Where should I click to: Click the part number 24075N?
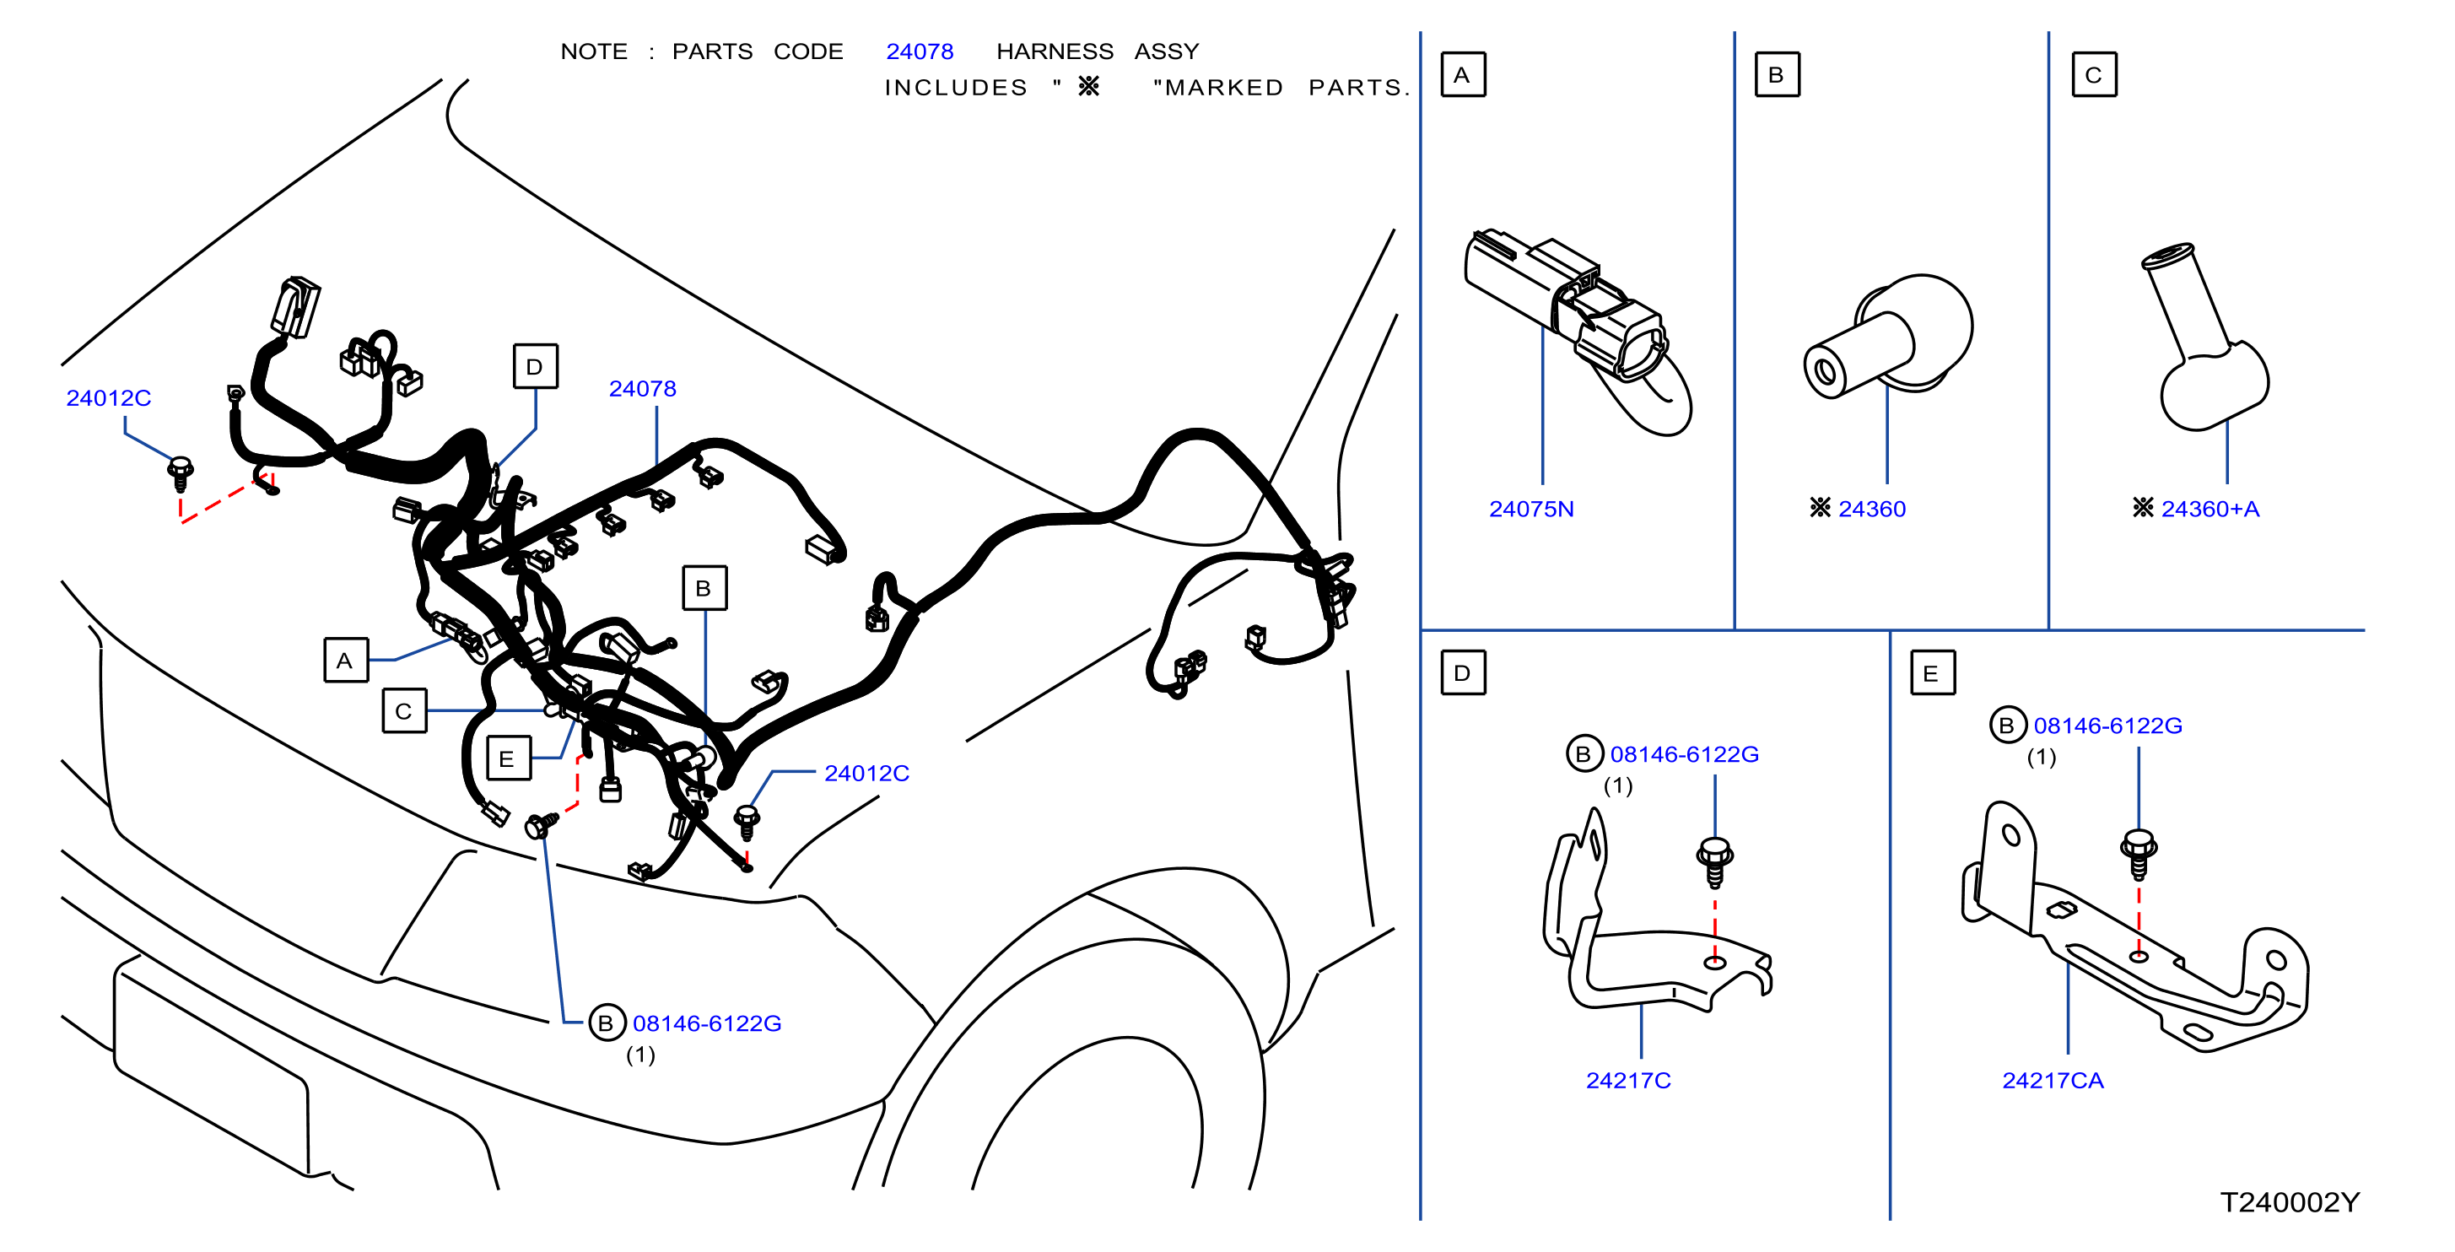tap(1530, 509)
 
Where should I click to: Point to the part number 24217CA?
tap(2052, 1081)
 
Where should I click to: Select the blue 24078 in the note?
tap(920, 51)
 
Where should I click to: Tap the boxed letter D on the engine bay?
tap(536, 367)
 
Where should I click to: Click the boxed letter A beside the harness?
tap(345, 661)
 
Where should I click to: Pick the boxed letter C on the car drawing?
tap(404, 711)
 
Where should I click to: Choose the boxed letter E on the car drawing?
tap(508, 758)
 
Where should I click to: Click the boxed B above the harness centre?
tap(704, 588)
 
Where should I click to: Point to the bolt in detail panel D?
tap(1714, 861)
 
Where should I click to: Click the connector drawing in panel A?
tap(1578, 329)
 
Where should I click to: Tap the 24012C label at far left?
tap(109, 398)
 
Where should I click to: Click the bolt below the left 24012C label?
tap(181, 473)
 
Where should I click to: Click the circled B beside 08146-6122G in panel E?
tap(2007, 725)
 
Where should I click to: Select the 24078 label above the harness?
tap(642, 389)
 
